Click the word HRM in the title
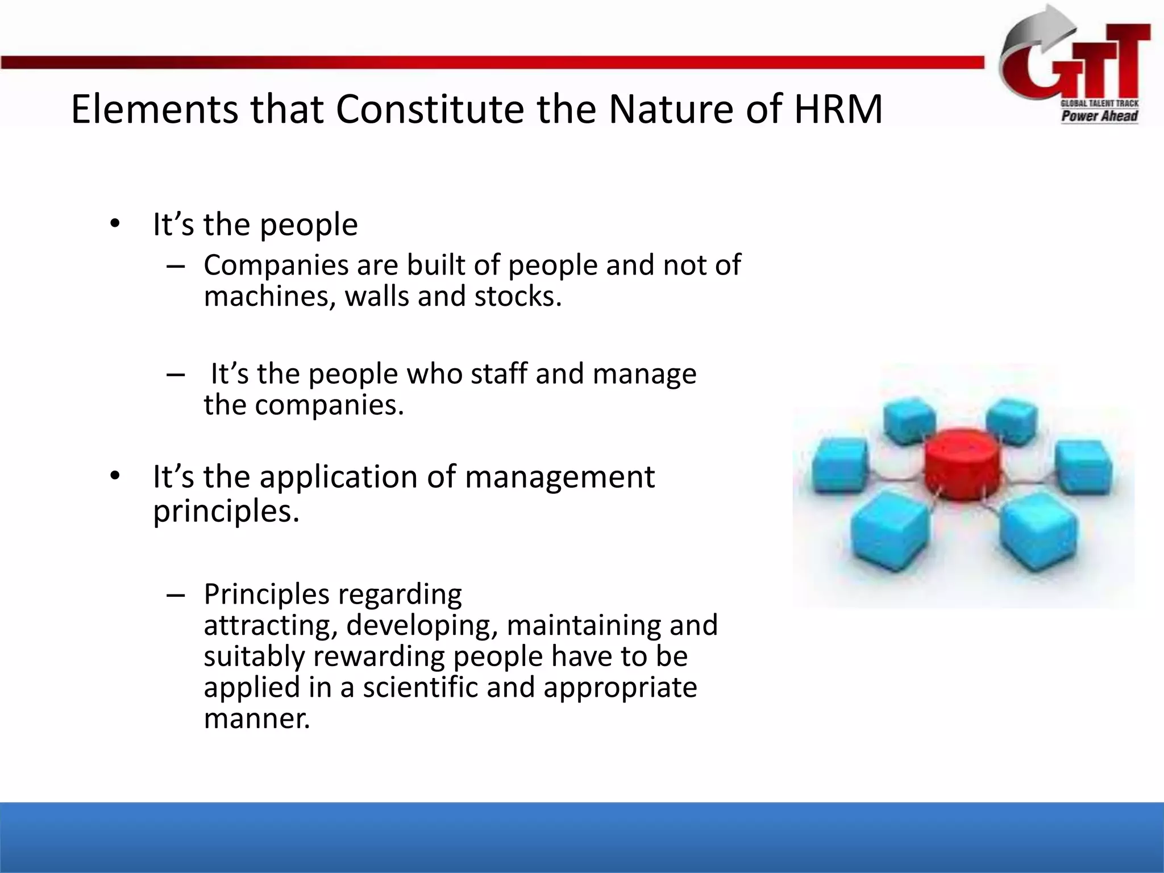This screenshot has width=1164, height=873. (838, 109)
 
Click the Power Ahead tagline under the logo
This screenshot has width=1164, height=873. (1099, 117)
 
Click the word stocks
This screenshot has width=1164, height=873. (518, 297)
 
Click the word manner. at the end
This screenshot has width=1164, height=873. (257, 719)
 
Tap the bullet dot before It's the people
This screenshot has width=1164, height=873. (115, 225)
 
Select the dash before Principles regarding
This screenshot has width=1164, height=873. (175, 595)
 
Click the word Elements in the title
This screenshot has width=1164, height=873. (155, 109)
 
